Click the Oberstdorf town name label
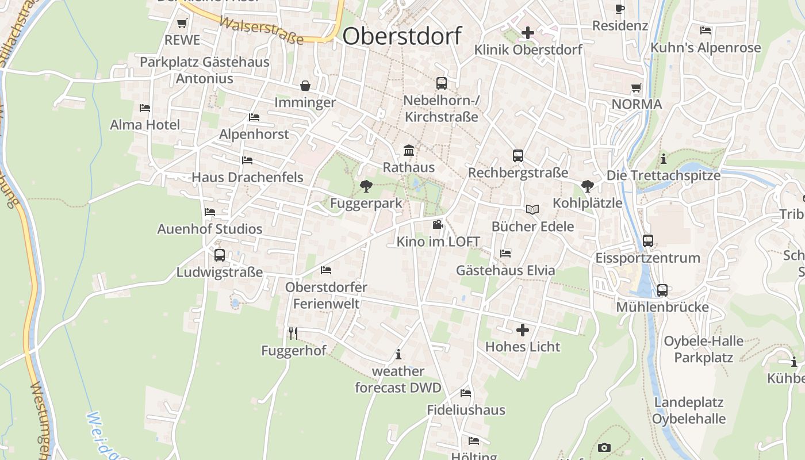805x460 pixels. click(x=401, y=36)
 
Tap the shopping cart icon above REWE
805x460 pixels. click(x=182, y=24)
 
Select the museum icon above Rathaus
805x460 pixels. click(x=409, y=151)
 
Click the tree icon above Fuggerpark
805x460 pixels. click(x=365, y=186)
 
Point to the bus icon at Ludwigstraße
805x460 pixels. click(x=219, y=255)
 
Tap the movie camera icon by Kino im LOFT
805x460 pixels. click(x=438, y=225)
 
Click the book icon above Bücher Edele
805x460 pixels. click(x=532, y=210)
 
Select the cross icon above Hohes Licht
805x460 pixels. click(x=522, y=330)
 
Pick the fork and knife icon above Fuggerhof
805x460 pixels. click(x=293, y=333)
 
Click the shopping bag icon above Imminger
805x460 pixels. click(x=305, y=86)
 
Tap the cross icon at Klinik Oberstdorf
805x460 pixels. click(x=527, y=33)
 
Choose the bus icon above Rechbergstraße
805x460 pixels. click(x=517, y=156)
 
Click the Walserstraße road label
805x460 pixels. click(x=262, y=30)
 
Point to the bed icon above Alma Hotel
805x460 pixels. click(x=145, y=108)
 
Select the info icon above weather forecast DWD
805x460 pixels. click(x=398, y=354)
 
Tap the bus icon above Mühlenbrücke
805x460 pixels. click(x=662, y=290)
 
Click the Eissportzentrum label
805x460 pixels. click(x=647, y=258)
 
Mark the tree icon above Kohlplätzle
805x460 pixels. click(x=587, y=186)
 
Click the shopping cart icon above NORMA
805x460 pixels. click(x=637, y=88)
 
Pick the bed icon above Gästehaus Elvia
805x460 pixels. click(x=505, y=253)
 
